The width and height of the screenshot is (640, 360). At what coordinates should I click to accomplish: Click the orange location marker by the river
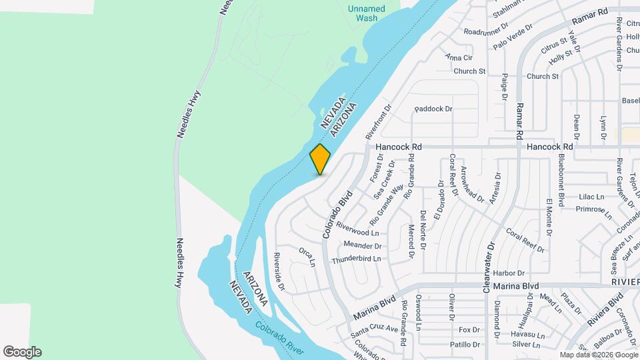321,159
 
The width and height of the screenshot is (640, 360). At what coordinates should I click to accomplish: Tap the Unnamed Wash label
366,13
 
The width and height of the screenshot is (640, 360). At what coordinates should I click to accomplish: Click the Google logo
22,352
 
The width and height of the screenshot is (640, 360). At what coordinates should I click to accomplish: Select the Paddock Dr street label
433,109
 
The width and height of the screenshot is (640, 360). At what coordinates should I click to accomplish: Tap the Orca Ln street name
307,257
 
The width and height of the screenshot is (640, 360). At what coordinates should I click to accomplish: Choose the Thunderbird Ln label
356,259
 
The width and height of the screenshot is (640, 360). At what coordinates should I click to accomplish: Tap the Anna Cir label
459,58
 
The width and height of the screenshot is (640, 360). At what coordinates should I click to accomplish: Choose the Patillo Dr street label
465,345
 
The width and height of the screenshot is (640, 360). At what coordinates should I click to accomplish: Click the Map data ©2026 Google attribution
598,355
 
